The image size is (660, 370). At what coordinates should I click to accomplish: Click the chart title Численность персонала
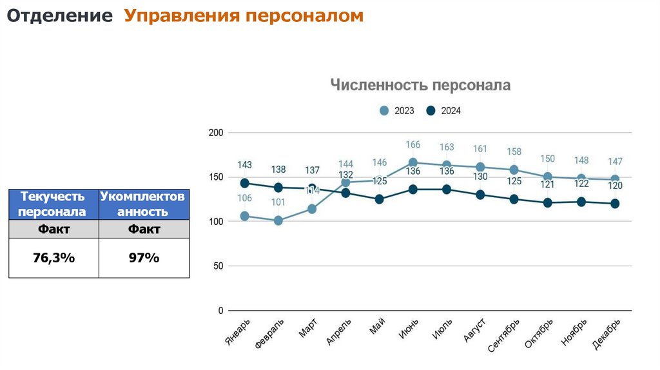tap(420, 85)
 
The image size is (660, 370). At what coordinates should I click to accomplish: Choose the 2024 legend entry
tap(444, 111)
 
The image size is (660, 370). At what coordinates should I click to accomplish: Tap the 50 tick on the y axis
tap(218, 266)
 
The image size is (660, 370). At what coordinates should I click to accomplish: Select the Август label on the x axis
tap(474, 330)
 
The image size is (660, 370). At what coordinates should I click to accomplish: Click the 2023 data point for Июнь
tap(413, 163)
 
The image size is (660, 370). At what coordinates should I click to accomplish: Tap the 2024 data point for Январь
tap(244, 183)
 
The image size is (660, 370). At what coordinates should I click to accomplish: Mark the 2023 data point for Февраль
tap(278, 220)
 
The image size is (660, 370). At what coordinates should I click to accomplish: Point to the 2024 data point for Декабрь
tap(615, 204)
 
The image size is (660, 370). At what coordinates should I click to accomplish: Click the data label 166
tap(413, 145)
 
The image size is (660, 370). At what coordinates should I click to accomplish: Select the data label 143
tap(244, 165)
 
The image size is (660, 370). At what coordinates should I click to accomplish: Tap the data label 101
tap(278, 202)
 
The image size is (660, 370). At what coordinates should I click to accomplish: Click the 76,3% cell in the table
tap(53, 258)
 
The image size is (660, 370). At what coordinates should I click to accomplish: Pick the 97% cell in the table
tap(144, 258)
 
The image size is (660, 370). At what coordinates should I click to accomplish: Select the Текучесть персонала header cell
tap(53, 204)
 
